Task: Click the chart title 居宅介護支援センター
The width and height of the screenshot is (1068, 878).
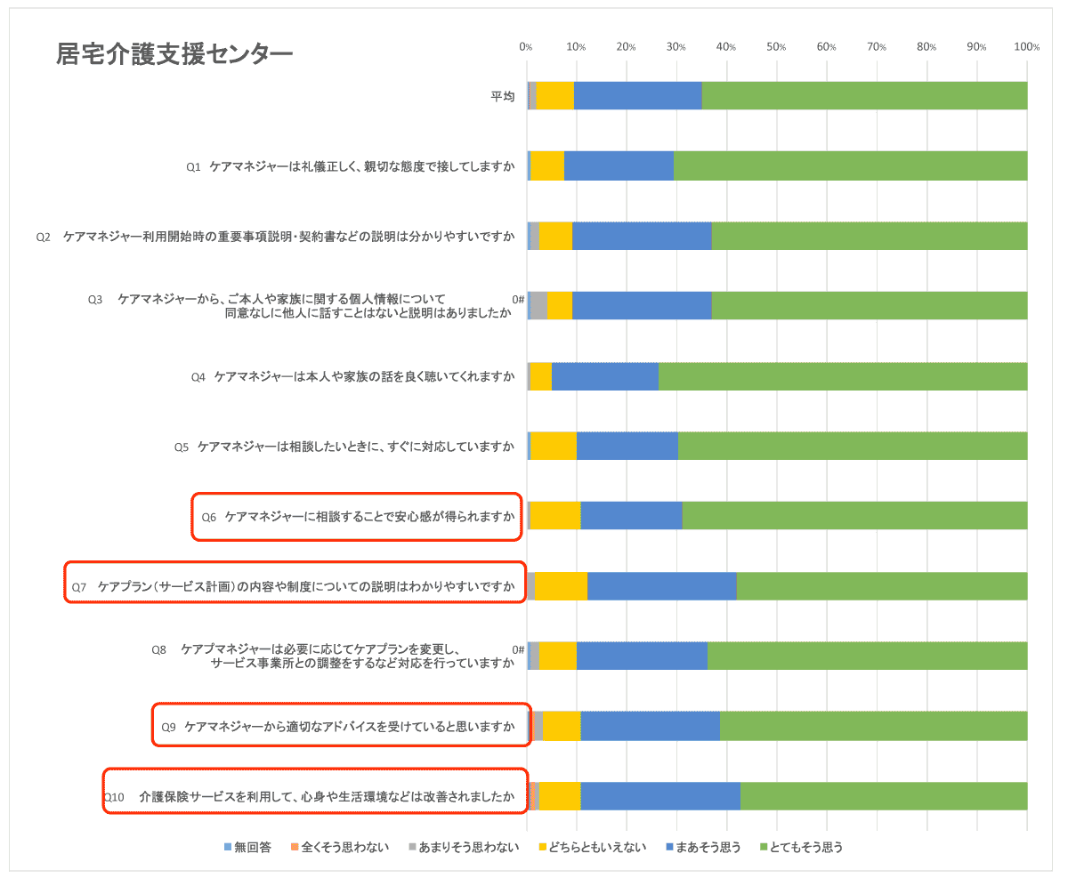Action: (x=174, y=54)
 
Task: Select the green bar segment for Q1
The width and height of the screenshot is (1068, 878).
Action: (x=850, y=165)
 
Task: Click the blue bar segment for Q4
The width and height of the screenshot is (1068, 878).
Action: (x=605, y=376)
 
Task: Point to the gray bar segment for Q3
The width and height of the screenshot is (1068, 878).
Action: (x=538, y=305)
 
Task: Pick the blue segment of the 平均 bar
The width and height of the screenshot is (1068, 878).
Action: (x=638, y=95)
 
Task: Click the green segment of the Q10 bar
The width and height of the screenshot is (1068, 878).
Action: (x=884, y=796)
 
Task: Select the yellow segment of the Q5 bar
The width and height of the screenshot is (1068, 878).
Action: (x=553, y=446)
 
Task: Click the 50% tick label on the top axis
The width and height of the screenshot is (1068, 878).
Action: (x=776, y=47)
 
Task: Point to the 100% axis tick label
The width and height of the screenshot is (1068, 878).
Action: (x=1026, y=47)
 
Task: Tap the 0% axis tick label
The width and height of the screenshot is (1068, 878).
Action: (x=526, y=47)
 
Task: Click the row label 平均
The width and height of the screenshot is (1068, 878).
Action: (x=503, y=96)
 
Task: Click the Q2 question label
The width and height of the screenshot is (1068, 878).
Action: (x=276, y=237)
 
